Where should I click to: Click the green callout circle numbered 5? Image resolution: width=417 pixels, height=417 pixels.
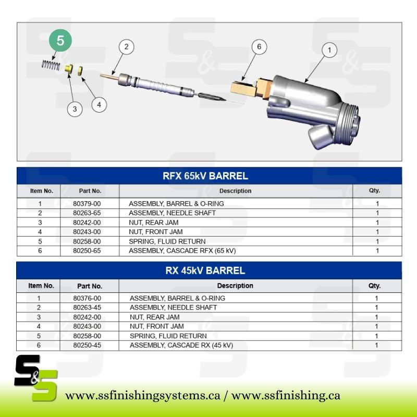[60, 41]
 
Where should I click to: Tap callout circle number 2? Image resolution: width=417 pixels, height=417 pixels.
[126, 47]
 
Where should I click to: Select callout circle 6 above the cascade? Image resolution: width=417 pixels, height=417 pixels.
[259, 47]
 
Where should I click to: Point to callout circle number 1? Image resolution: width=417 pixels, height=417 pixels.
[329, 50]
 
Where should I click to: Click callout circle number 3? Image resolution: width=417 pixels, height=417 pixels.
[75, 109]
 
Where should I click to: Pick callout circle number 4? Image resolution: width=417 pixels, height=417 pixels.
[99, 105]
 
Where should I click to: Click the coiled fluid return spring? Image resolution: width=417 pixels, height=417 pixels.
[51, 65]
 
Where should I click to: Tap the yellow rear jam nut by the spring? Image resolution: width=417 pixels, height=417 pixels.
[69, 68]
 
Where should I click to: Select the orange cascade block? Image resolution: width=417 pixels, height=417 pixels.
[251, 88]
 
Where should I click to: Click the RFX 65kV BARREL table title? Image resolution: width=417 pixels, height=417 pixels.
[205, 176]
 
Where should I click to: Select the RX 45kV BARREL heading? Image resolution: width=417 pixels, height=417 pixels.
[205, 271]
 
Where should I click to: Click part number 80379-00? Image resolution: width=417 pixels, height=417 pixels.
[87, 204]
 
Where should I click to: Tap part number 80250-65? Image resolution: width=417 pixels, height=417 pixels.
[87, 251]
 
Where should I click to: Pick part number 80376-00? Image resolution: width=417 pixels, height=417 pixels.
[87, 298]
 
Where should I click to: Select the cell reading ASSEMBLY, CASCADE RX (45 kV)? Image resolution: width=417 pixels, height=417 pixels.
[181, 345]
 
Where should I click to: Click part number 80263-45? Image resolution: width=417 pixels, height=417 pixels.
[87, 308]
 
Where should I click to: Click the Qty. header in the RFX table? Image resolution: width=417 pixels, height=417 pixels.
[374, 191]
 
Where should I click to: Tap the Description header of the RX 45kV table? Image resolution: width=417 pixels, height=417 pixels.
[235, 286]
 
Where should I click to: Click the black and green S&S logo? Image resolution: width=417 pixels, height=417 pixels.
[36, 377]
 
